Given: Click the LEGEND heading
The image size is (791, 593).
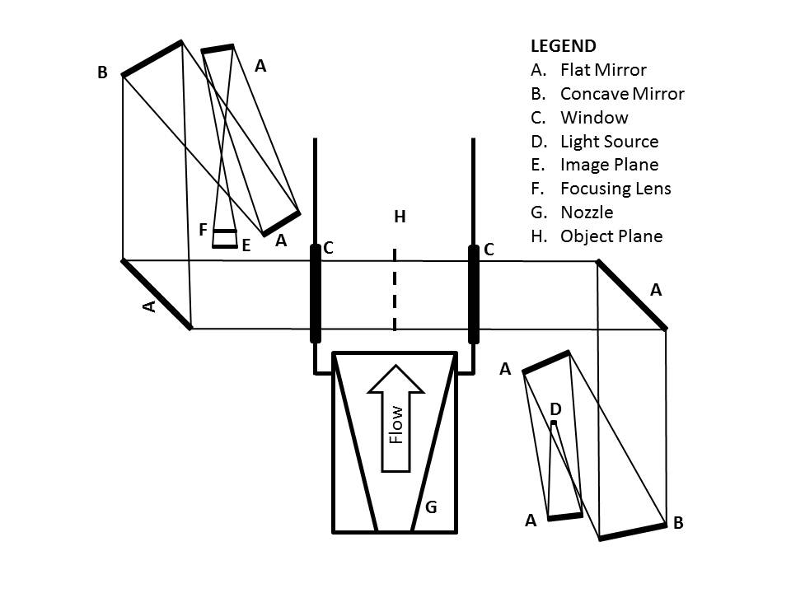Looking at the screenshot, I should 563,46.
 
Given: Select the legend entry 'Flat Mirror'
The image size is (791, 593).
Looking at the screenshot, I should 602,70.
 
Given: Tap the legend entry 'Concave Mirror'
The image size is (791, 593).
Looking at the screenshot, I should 621,94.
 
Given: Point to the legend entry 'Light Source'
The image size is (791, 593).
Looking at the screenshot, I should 609,142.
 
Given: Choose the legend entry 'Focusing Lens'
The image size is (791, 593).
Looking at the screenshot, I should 615,189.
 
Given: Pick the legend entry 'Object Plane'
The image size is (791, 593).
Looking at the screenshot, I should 611,236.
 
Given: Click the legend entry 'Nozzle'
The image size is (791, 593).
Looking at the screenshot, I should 586,212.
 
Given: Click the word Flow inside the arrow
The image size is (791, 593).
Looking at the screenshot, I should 396,424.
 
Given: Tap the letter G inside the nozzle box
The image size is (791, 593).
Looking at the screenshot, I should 430,507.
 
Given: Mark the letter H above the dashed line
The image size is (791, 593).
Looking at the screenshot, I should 400,217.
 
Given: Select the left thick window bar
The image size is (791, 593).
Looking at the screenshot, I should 315,293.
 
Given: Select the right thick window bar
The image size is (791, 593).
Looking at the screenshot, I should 473,293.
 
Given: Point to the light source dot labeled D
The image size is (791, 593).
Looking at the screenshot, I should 554,423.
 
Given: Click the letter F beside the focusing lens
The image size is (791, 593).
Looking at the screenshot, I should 203,230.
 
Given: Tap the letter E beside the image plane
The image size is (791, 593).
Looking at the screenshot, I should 246,245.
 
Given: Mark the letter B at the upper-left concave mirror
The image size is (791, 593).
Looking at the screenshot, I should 102,72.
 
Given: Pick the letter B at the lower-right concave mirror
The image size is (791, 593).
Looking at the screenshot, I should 678,523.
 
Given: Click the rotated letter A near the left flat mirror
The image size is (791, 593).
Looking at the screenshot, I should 148,306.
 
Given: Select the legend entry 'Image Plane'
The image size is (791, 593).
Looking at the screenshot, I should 609,165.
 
